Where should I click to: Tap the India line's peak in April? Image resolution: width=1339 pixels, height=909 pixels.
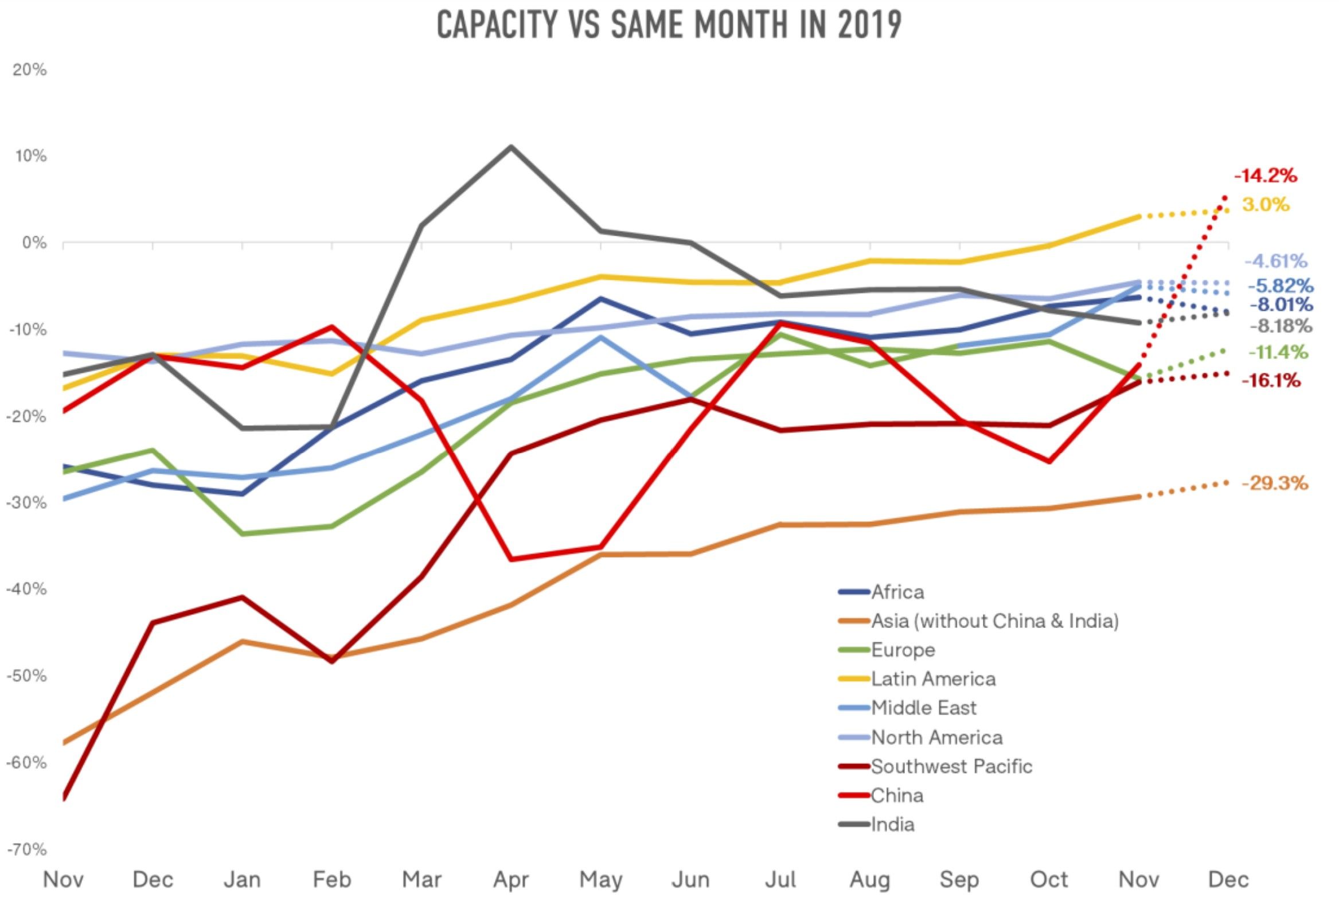point(511,146)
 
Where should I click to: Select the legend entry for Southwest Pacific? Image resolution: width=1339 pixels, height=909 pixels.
point(951,766)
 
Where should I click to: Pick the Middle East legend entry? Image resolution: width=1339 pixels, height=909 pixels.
point(923,707)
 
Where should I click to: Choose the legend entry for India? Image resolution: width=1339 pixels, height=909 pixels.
point(892,824)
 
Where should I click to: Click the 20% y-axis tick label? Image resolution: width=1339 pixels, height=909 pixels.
point(29,70)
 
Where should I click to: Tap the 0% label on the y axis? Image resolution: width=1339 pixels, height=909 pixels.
point(34,243)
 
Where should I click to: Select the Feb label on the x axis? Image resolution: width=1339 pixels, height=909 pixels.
point(332,880)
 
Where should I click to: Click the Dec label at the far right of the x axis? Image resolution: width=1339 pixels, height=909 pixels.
point(1228,880)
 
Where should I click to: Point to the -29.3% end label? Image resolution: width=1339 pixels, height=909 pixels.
point(1274,483)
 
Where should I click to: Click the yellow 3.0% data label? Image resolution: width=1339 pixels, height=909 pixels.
point(1265,205)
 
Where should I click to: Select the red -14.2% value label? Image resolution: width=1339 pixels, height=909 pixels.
point(1264,175)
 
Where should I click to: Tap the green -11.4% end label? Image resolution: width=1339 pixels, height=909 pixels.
point(1277,352)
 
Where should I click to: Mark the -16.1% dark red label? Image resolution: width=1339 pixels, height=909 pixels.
point(1270,380)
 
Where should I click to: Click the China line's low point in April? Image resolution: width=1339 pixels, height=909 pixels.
point(511,559)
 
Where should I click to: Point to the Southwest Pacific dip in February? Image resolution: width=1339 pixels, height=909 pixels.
point(332,661)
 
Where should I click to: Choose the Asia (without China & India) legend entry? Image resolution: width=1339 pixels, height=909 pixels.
point(994,621)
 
